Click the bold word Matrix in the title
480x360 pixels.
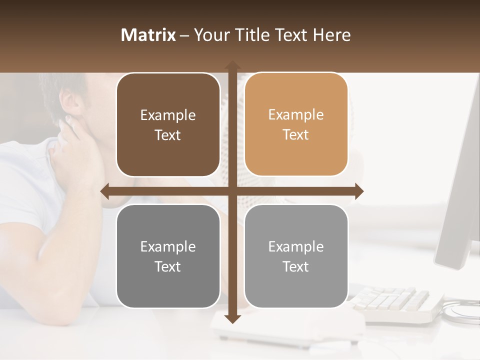(148, 35)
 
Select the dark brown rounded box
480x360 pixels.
(168, 125)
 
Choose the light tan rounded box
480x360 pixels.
(296, 124)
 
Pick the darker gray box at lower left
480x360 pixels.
(168, 256)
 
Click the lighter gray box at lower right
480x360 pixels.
(296, 256)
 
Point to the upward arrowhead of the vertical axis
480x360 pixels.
(232, 65)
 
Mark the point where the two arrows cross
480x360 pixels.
(232, 191)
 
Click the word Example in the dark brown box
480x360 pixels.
(168, 115)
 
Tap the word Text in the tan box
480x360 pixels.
(296, 135)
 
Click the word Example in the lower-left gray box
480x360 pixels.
(168, 246)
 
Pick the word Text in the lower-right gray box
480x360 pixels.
(296, 266)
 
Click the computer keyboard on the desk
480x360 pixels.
(395, 302)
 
